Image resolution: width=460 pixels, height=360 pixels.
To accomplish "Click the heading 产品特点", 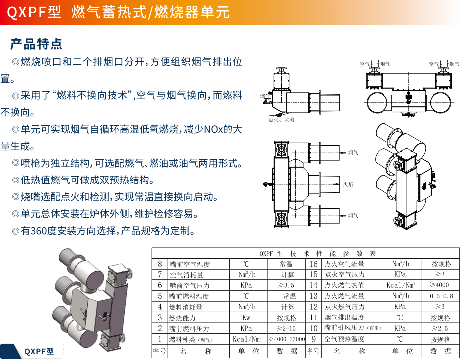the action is pyautogui.click(x=36, y=44).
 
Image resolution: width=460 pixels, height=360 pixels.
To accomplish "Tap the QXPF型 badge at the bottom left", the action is pyautogui.click(x=39, y=351).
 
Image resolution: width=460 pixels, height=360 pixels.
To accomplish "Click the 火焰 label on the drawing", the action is pyautogui.click(x=348, y=184).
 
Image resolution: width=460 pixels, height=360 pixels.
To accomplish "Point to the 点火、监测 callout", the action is pyautogui.click(x=281, y=120).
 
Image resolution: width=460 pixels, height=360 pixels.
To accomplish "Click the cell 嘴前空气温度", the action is pyautogui.click(x=190, y=264).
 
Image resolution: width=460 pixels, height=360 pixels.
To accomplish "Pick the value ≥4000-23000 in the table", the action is pyautogui.click(x=287, y=339).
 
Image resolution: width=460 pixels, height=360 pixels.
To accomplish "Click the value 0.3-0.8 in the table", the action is pyautogui.click(x=441, y=296).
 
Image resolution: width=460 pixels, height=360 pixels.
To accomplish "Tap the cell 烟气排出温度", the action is pyautogui.click(x=344, y=317).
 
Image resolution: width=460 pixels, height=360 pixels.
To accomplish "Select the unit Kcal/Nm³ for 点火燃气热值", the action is pyautogui.click(x=401, y=285).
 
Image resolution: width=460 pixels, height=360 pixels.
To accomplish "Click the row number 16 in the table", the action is pyautogui.click(x=313, y=264).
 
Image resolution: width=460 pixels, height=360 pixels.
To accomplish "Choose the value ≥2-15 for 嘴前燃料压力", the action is pyautogui.click(x=286, y=328).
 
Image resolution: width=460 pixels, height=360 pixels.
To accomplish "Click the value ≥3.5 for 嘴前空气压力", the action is pyautogui.click(x=286, y=285).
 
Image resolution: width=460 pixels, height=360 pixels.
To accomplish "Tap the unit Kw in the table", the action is pyautogui.click(x=246, y=318).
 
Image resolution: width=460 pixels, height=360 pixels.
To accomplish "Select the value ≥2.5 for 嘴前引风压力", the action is pyautogui.click(x=440, y=328).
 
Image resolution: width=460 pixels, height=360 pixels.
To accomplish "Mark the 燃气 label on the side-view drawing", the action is pyautogui.click(x=265, y=96).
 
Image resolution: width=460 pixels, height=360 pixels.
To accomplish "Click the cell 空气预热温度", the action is pyautogui.click(x=344, y=339).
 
